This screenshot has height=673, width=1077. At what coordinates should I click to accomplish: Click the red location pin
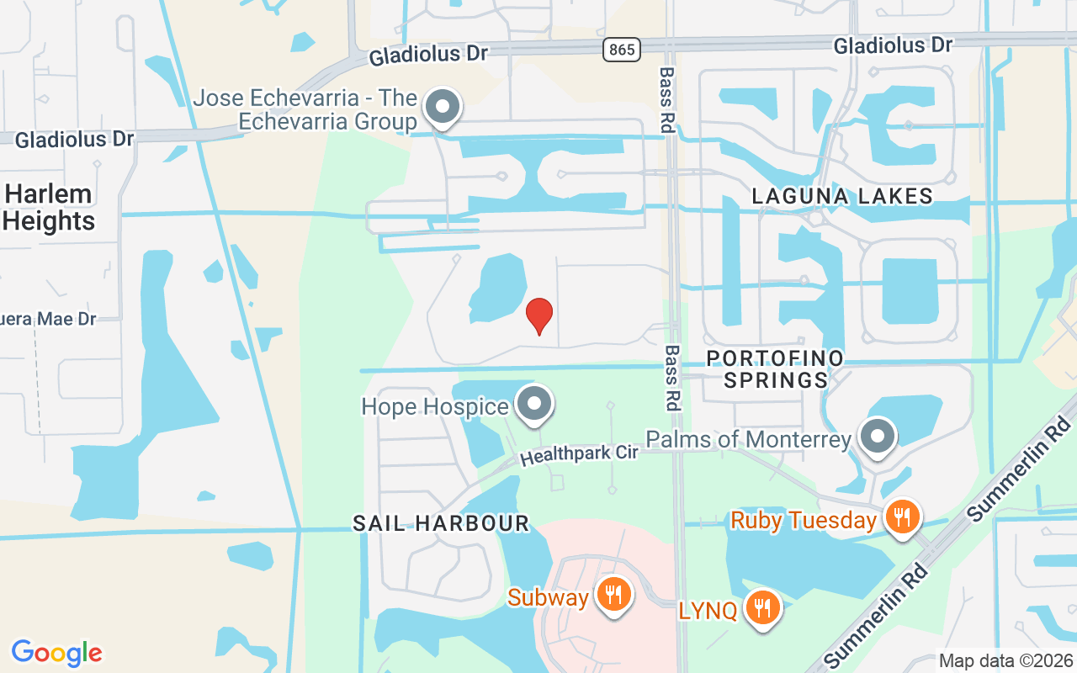click(x=539, y=315)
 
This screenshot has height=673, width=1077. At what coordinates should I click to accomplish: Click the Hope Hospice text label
click(x=435, y=407)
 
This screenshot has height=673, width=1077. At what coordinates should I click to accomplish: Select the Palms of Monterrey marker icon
click(x=878, y=437)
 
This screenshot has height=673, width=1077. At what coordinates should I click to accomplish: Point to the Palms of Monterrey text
click(x=749, y=439)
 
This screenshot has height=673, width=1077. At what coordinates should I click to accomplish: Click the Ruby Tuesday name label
click(x=804, y=521)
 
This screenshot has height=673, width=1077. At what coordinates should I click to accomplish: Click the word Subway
click(x=548, y=598)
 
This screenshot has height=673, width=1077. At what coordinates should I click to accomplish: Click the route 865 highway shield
click(x=621, y=50)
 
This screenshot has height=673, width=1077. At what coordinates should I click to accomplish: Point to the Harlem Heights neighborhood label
click(x=49, y=208)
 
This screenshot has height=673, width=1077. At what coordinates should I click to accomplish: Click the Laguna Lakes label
click(x=842, y=197)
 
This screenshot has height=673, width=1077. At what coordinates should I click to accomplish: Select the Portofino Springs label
click(x=775, y=369)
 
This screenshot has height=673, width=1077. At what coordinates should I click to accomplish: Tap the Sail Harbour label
click(x=441, y=523)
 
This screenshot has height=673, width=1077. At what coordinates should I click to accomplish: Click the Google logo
click(x=56, y=652)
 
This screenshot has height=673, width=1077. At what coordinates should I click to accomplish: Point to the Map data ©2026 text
click(x=1005, y=660)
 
